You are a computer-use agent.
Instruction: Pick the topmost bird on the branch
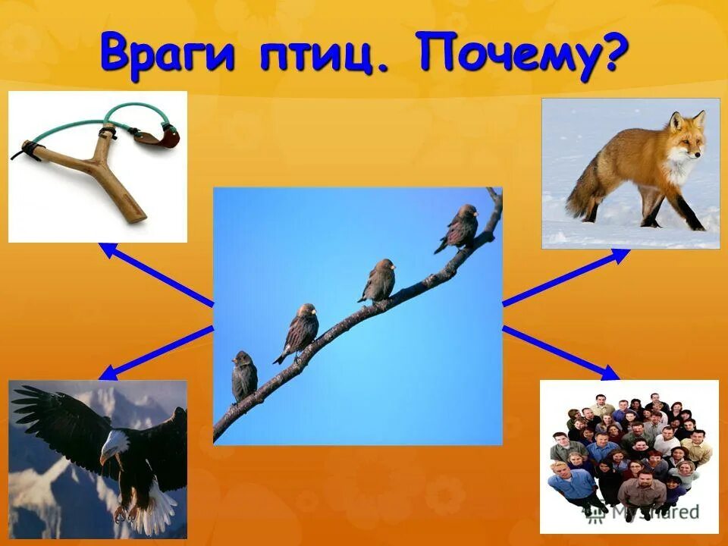point(460,227)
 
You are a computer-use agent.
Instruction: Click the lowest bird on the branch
point(244,376)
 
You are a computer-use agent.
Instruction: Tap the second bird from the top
point(378,281)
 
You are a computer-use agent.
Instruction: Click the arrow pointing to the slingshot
point(155,274)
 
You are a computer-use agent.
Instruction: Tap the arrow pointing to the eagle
point(155,352)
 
